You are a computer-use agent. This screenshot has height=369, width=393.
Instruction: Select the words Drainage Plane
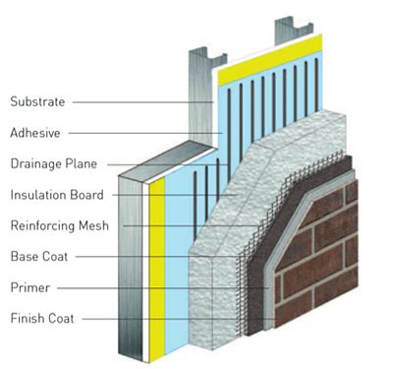(46, 163)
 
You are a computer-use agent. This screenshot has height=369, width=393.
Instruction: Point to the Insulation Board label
(48, 194)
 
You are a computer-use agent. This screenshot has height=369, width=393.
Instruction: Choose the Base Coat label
(36, 256)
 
